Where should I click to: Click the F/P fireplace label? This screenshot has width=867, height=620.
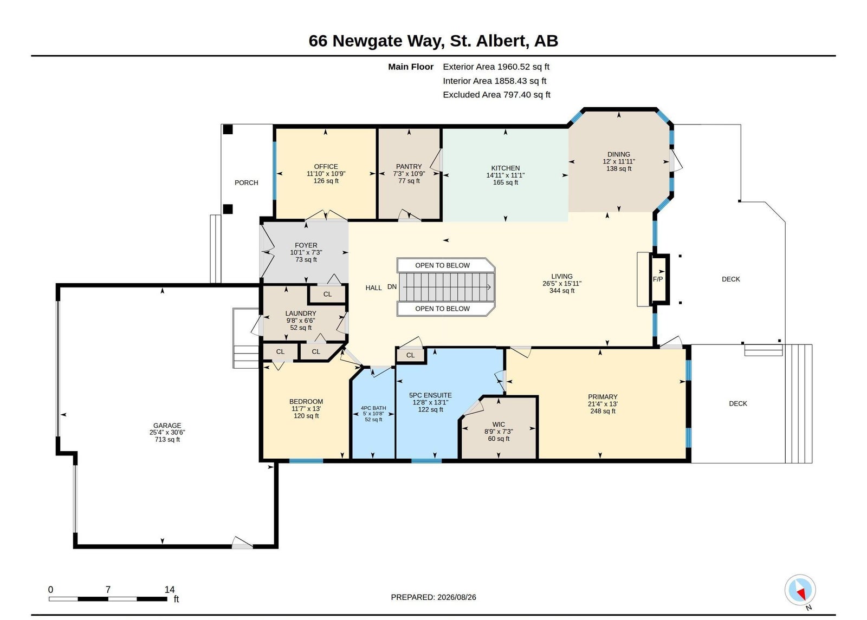(658, 279)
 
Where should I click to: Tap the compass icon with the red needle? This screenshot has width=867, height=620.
(800, 590)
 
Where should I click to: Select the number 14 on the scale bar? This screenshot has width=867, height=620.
(170, 590)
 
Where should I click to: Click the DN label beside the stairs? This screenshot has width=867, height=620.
(392, 286)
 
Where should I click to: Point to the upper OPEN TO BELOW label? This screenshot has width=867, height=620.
(442, 265)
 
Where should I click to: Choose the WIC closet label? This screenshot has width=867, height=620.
(499, 425)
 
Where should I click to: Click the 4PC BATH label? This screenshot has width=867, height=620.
(373, 408)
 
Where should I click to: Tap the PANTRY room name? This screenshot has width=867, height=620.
(409, 166)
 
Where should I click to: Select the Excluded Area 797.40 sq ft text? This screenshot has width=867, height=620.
(496, 95)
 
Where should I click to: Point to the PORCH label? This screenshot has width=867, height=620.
(246, 182)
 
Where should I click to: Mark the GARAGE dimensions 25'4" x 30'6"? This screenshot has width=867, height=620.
(167, 433)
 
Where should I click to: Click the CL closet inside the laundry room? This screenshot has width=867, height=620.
(327, 295)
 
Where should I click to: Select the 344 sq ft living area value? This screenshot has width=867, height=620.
(562, 290)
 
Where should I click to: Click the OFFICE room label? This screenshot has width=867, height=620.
(326, 167)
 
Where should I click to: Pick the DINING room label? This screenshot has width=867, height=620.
(618, 154)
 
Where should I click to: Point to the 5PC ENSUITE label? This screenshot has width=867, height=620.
(430, 395)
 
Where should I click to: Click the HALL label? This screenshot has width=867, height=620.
(373, 288)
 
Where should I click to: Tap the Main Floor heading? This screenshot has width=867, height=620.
(411, 67)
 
